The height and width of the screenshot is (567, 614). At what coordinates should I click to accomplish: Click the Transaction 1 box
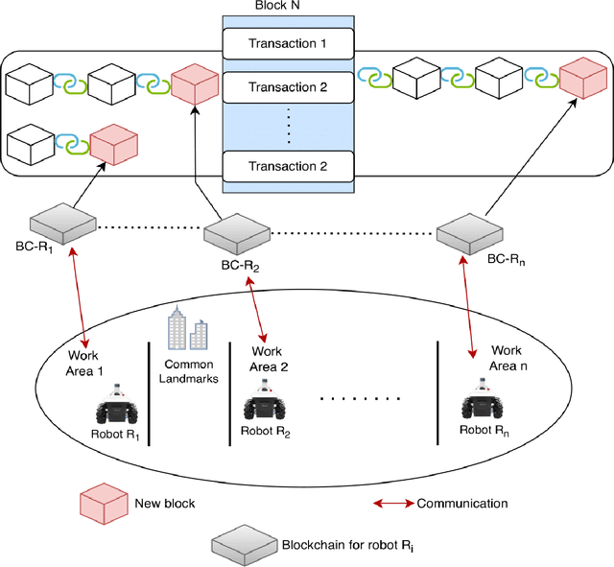[288, 42]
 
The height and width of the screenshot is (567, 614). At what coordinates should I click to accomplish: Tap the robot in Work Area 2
[265, 404]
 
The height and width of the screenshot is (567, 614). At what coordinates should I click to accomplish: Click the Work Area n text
[506, 359]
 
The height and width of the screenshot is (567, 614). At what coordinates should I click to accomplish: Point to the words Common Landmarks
[188, 370]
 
